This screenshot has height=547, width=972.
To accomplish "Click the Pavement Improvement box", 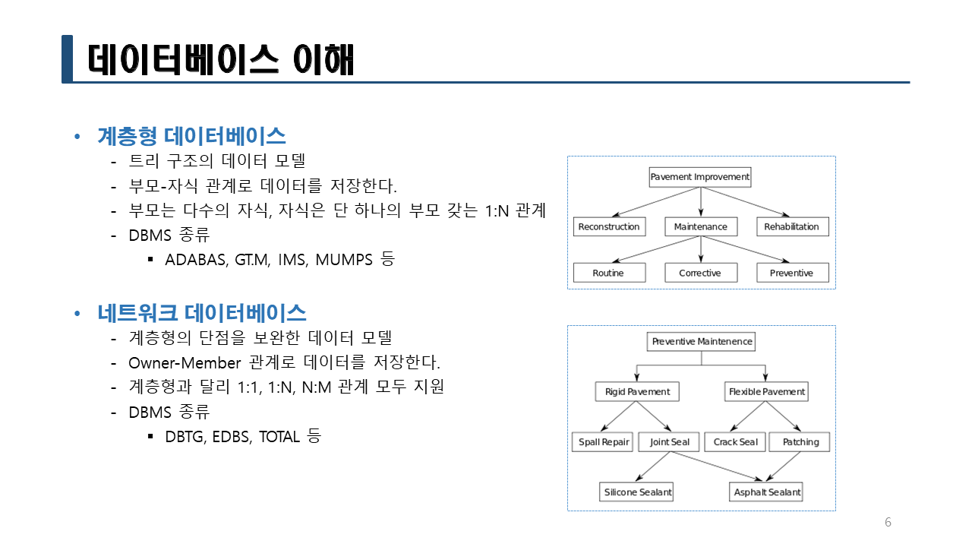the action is click(700, 177).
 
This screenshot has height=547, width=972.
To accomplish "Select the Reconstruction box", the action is click(609, 226).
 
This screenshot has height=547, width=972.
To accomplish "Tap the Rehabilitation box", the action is click(792, 226).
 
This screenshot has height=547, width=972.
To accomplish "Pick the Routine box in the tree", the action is click(609, 273).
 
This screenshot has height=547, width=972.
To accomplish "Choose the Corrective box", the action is click(701, 273).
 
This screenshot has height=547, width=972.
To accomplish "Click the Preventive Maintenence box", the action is click(701, 342).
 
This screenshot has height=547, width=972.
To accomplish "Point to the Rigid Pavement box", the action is click(637, 391).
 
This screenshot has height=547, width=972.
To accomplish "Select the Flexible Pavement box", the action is click(766, 391).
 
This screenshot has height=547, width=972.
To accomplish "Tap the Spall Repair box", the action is click(603, 442).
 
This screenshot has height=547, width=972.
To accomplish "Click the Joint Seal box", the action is click(669, 442).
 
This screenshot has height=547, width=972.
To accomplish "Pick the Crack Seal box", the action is click(735, 442).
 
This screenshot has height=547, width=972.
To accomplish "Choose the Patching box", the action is click(800, 442).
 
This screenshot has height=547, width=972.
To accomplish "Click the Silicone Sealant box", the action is click(636, 492).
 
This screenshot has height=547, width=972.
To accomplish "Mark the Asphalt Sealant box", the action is click(766, 492).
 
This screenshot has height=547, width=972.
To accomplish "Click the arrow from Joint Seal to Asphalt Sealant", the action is click(716, 466).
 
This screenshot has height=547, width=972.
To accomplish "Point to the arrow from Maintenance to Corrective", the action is click(701, 249).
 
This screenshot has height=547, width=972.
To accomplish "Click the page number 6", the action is click(888, 522).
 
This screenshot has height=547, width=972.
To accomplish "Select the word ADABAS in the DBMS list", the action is click(197, 260).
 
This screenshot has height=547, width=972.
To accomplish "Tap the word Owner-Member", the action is click(185, 363).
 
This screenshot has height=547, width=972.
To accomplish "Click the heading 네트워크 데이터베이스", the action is click(202, 313).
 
